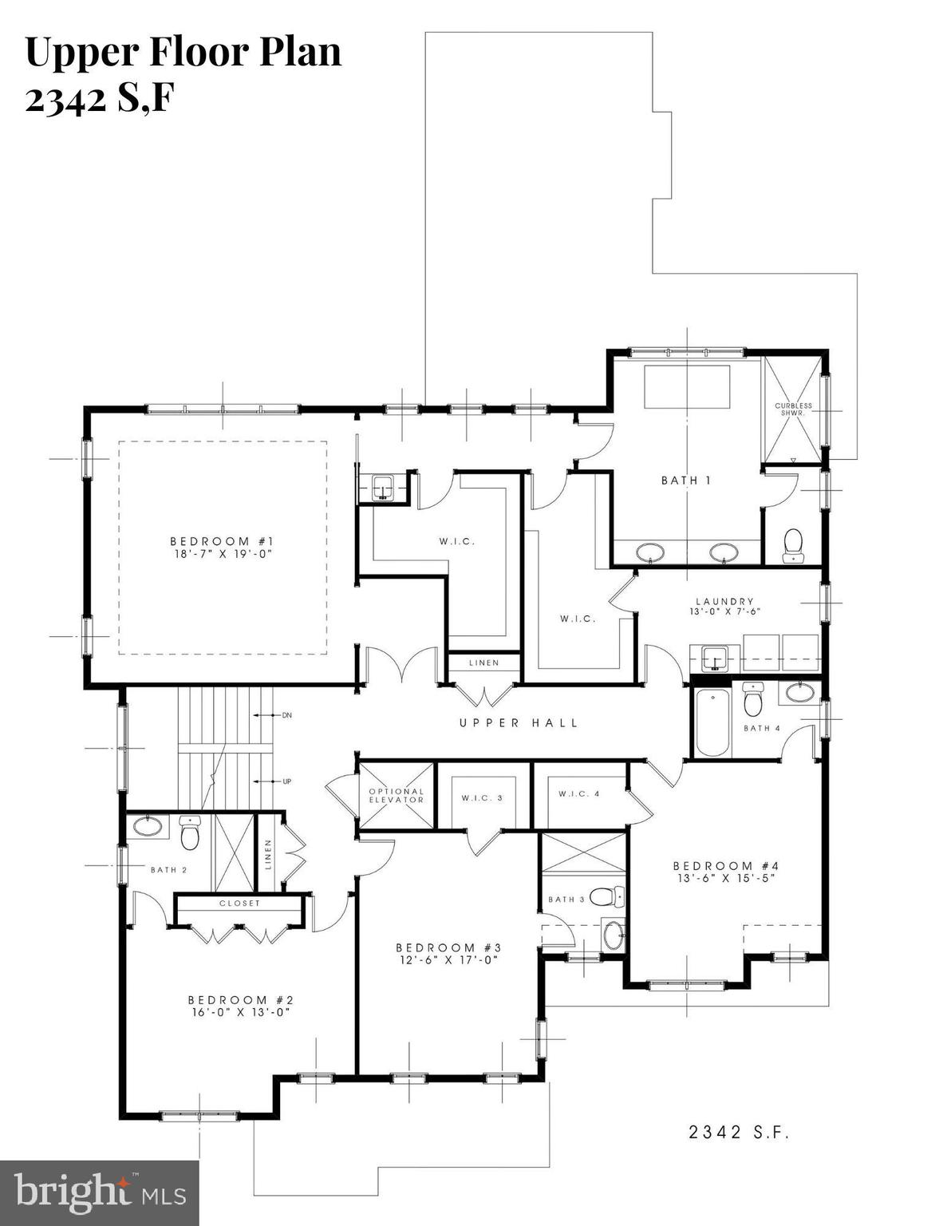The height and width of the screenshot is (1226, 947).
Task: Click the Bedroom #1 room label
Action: click(222, 542)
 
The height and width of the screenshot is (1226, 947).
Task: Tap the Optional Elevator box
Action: click(397, 796)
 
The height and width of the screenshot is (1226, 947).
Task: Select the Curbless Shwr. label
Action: click(793, 409)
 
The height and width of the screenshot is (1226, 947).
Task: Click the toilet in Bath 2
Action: click(190, 834)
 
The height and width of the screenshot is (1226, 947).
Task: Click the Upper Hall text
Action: click(519, 723)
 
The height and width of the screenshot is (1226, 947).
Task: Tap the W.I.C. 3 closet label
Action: click(482, 797)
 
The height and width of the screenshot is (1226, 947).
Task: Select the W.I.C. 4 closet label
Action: click(578, 793)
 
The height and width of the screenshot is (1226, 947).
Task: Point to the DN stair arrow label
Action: click(286, 715)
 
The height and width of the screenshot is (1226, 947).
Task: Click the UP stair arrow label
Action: click(286, 781)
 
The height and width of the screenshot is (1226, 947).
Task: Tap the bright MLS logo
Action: click(100, 1193)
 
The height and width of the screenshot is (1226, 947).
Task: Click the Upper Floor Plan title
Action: click(183, 52)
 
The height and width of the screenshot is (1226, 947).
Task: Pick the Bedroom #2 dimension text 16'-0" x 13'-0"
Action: click(237, 1011)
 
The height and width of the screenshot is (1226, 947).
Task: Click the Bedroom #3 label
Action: click(448, 947)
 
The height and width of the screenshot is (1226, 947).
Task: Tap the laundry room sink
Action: click(716, 658)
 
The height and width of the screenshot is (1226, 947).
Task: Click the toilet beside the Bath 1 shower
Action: click(793, 544)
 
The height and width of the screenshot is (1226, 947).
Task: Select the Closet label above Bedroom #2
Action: click(239, 904)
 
